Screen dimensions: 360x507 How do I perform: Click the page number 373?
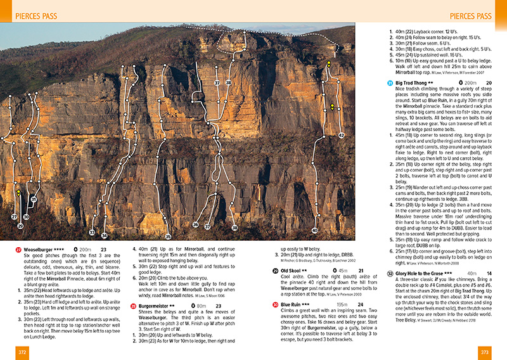click(486, 352)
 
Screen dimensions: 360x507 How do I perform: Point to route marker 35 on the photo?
click(168, 237)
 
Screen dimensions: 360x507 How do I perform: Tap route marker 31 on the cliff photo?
click(34, 200)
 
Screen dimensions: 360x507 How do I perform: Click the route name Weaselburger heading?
click(45, 250)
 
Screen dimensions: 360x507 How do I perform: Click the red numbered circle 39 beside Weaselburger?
click(18, 250)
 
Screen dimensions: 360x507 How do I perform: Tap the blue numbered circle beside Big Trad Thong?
click(389, 82)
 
